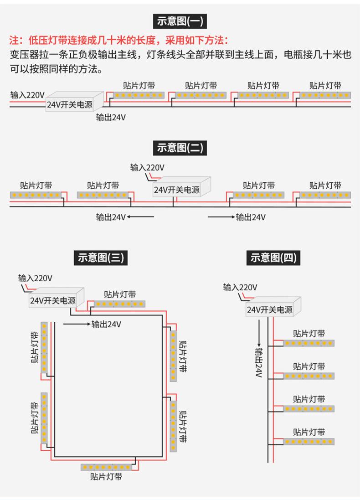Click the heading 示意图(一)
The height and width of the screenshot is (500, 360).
180,21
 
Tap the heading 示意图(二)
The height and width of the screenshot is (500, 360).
180,148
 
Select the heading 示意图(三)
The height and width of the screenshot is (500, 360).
101,258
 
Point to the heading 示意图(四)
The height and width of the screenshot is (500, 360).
273,258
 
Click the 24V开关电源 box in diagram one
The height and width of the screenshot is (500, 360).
75,101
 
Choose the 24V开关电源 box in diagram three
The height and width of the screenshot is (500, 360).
57,298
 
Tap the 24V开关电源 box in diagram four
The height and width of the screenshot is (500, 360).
273,307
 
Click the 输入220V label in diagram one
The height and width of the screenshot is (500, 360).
27,95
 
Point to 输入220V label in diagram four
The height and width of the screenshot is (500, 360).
240,287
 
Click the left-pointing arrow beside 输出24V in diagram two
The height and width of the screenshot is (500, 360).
141,217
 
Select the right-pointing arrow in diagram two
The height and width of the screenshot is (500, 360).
221,217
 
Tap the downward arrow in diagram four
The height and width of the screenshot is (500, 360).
259,333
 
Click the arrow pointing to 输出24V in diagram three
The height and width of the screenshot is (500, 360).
77,324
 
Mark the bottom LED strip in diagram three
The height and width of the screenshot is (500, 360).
107,467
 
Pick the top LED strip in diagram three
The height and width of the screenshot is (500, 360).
119,304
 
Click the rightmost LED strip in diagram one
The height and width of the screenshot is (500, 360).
325,95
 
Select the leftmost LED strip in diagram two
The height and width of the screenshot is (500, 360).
36,195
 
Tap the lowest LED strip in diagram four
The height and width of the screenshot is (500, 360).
309,442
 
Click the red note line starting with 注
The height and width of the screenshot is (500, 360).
118,41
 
